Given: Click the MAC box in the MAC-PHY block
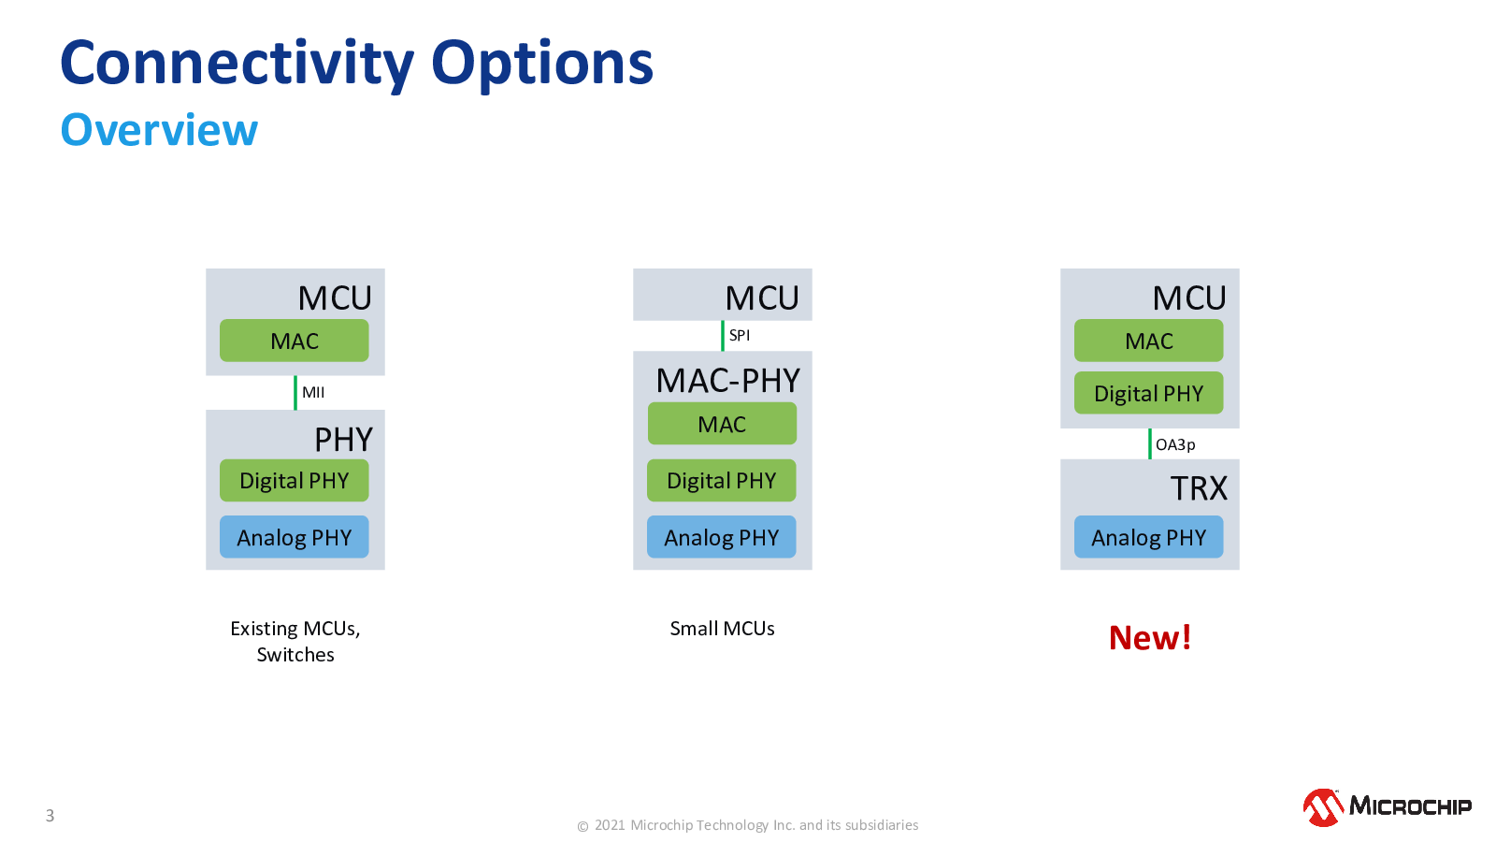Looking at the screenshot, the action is tap(722, 424).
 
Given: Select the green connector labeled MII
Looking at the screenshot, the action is tap(295, 393).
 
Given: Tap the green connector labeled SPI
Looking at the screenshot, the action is tap(723, 336).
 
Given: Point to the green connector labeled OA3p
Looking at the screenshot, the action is tap(1150, 443).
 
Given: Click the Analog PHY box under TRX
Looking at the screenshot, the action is tap(1149, 537).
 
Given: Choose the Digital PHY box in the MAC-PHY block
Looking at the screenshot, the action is tap(721, 481).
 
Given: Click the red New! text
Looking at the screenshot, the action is tap(1150, 637).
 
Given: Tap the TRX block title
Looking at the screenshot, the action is tap(1199, 488).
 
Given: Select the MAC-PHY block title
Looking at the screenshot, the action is tap(728, 381).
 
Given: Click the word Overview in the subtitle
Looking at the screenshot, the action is tap(159, 130).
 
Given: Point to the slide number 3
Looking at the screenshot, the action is tap(50, 815).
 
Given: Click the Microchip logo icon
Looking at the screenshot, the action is tap(1324, 807).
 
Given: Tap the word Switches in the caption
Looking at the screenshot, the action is tap(295, 654).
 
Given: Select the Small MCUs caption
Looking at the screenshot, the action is tap(722, 628).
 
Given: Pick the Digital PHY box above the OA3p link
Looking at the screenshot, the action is tap(1149, 393).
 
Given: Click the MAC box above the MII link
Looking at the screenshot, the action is tap(294, 341).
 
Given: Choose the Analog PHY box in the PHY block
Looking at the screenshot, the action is tap(294, 537).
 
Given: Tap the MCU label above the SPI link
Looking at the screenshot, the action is tap(762, 298).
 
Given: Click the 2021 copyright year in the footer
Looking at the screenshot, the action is tap(611, 825).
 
